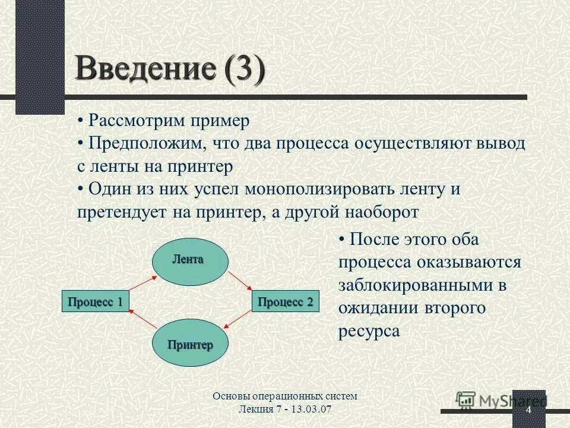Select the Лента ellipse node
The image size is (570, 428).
pos(190,259)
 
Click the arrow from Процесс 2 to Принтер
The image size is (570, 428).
pos(239,319)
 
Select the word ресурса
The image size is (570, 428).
pos(369,331)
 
